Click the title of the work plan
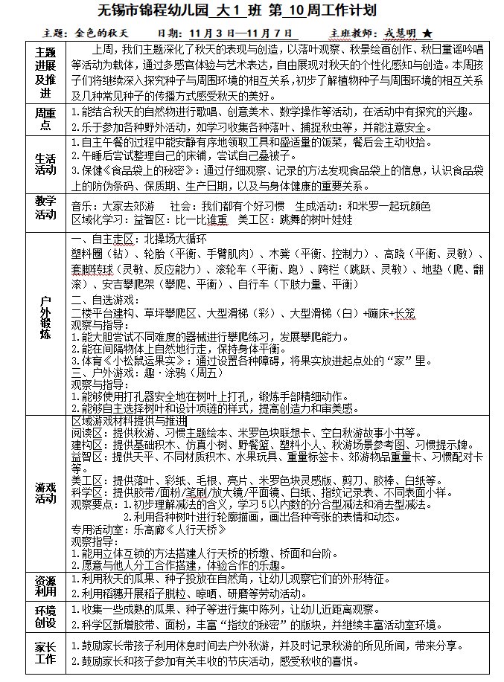(x=251, y=12)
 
